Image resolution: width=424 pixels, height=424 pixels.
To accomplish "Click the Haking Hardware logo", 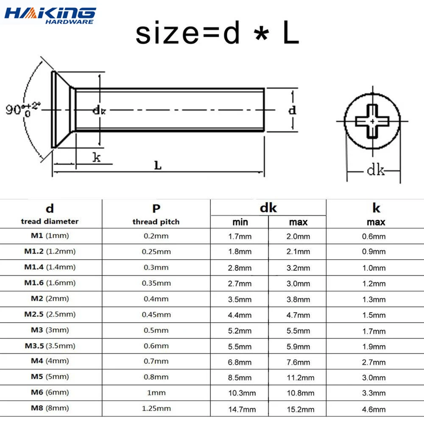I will [50, 15].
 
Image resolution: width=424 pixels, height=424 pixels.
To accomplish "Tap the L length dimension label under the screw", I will [157, 166].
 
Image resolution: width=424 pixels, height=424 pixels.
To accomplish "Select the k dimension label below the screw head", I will [97, 158].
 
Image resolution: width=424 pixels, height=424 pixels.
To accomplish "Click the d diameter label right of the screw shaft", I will [292, 110].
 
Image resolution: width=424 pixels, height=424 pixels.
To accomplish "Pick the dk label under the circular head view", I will [375, 171].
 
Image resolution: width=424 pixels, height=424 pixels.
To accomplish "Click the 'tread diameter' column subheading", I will [50, 221].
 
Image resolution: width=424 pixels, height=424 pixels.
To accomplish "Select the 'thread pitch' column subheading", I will [156, 222].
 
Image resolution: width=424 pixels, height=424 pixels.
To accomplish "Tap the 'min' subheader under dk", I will [240, 222].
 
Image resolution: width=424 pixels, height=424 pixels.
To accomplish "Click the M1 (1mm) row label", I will [50, 236].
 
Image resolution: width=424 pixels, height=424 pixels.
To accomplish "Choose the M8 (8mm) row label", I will [50, 408].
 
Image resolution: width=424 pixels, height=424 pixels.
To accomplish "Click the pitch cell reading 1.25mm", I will [156, 408].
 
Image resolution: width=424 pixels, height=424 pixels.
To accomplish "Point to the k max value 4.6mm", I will [374, 409].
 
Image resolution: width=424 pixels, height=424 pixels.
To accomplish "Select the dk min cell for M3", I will [240, 331].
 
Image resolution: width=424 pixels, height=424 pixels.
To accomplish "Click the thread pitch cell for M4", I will [156, 361].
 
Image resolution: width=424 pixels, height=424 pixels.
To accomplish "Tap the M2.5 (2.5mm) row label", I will [50, 314].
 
